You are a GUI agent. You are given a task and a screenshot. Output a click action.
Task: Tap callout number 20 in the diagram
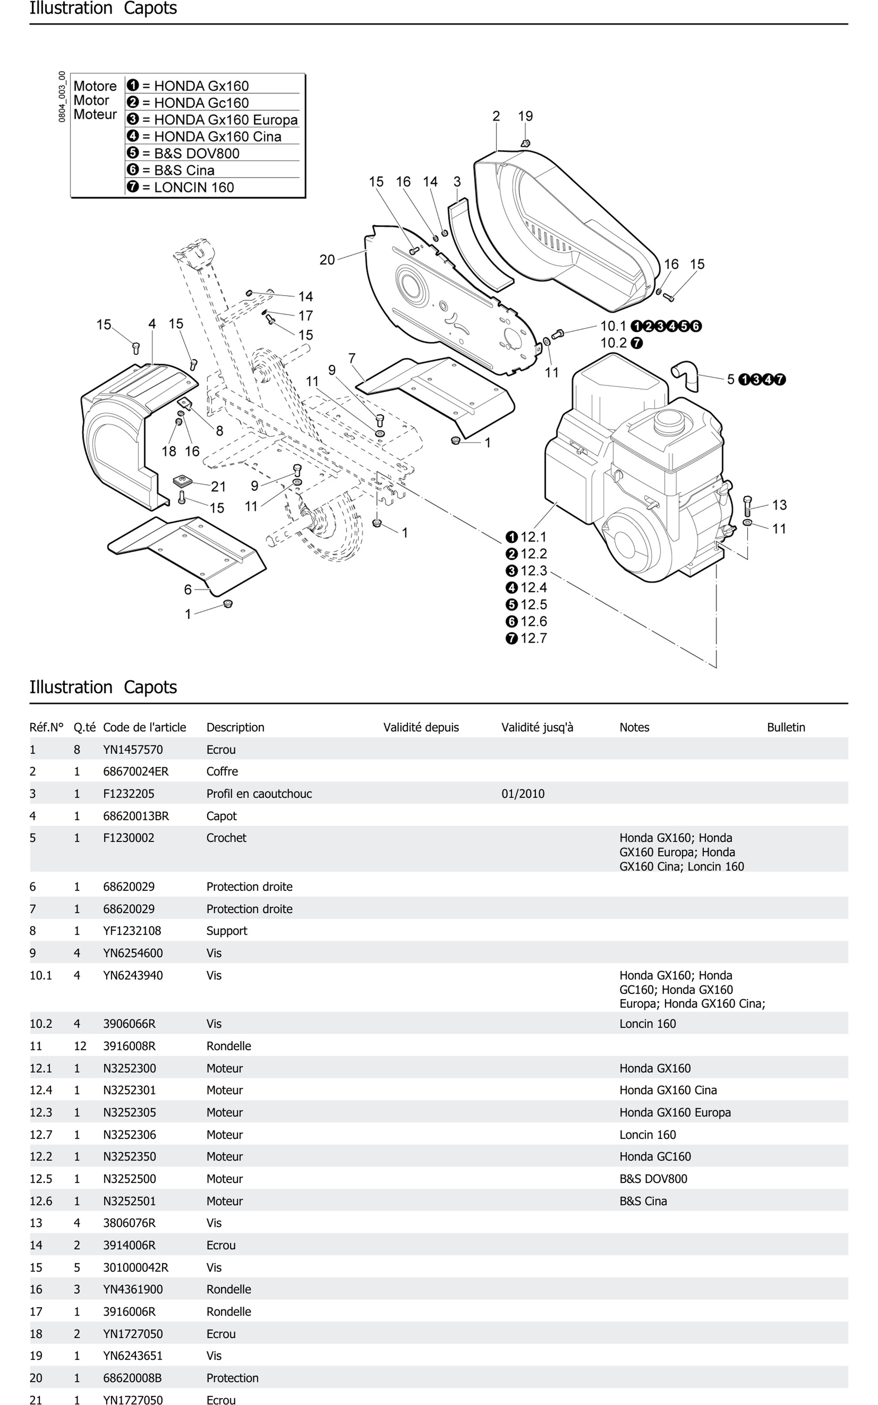[x=327, y=259]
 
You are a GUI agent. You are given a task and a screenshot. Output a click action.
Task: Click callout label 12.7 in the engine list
[x=533, y=638]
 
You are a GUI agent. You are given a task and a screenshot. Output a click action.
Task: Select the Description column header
[x=235, y=727]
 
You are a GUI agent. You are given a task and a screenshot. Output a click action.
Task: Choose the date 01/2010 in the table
[x=523, y=794]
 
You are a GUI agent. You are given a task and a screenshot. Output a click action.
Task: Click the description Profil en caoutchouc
[x=259, y=794]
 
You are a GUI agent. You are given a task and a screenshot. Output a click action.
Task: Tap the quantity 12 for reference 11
[x=80, y=1046]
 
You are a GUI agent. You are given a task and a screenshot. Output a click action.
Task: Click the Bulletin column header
[x=786, y=727]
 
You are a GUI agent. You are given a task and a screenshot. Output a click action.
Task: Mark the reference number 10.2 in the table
[x=41, y=1024]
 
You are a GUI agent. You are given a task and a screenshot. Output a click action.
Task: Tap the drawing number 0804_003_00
[x=62, y=96]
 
